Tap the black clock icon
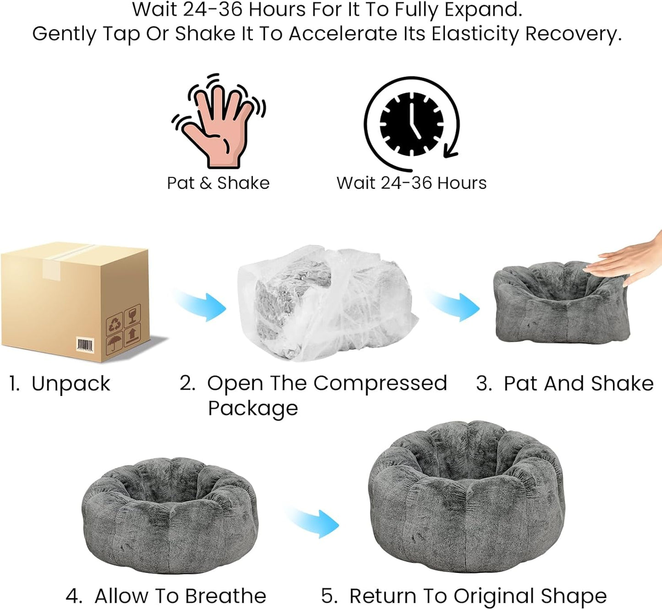point(411,124)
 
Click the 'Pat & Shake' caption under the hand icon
point(218,183)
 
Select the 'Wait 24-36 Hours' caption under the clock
point(411,183)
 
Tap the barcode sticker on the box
point(86,345)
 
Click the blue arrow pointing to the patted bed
point(454,306)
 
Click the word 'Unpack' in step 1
point(71,384)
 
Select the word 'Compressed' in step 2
point(380,384)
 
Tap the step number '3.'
point(484,384)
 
